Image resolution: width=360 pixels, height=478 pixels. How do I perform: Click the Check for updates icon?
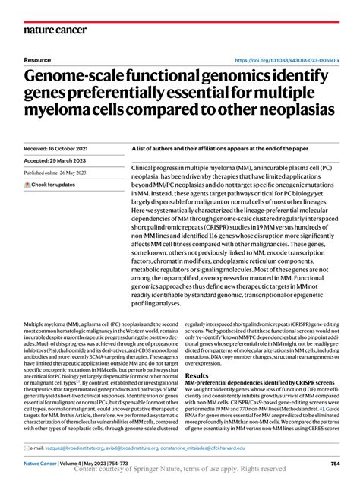tap(27, 185)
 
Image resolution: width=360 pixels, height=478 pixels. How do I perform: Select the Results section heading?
tap(198, 375)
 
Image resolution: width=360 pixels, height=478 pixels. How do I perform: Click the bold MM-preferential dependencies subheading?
tap(260, 383)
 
